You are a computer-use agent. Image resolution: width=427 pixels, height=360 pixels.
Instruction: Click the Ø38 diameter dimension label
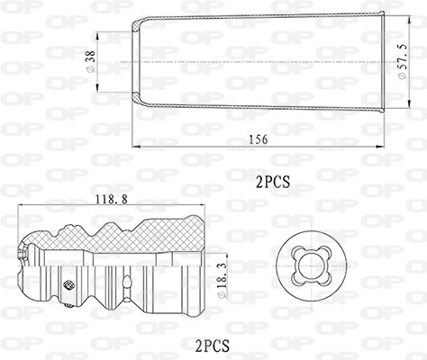coord(90,61)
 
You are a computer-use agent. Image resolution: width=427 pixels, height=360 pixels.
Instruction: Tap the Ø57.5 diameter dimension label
coord(403,61)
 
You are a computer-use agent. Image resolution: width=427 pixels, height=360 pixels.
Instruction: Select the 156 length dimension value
coord(259,139)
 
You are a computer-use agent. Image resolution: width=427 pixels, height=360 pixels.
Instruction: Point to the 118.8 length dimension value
coord(112,199)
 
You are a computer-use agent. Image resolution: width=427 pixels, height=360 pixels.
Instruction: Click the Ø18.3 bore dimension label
coord(222,280)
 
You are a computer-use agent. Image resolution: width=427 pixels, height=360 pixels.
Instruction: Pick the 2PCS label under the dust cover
coord(273,182)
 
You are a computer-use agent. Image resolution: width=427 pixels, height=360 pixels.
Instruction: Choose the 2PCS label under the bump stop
coord(213,346)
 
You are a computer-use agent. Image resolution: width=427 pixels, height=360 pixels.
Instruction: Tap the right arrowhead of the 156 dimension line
coord(380,147)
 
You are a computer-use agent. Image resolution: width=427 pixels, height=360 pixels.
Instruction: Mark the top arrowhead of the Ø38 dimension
coord(97,36)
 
